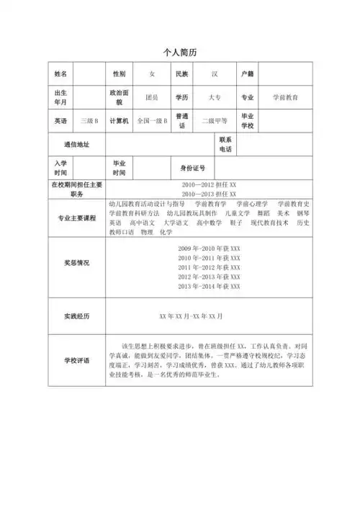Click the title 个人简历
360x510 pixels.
(180, 53)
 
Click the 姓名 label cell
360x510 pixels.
(60, 73)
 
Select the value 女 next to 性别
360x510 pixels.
(151, 73)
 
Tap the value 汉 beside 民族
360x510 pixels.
(214, 73)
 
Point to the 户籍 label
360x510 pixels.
(247, 73)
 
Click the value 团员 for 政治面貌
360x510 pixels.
(151, 97)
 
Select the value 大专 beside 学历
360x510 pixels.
(214, 97)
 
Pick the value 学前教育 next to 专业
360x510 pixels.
(285, 97)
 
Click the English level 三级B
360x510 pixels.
(90, 120)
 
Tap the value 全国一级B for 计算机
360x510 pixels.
(152, 120)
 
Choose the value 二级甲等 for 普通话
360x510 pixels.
(214, 120)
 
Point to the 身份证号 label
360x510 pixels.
(192, 168)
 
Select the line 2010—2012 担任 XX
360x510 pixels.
(210, 184)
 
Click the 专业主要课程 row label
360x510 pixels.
(76, 218)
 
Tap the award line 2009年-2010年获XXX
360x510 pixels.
(209, 249)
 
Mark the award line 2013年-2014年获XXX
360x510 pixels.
(209, 287)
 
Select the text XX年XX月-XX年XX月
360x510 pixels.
(191, 316)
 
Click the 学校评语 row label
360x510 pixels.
(76, 360)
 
